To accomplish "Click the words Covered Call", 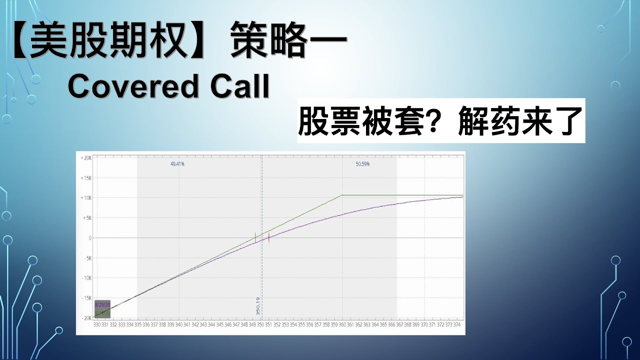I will [168, 87].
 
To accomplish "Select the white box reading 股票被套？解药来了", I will [441, 121].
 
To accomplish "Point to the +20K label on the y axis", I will [85, 158].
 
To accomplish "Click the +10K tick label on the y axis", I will [85, 198].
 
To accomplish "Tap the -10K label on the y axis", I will [85, 278].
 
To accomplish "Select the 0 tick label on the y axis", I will [89, 238].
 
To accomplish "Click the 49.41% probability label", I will [177, 163].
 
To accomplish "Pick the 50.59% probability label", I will [362, 163].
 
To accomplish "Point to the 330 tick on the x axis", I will [97, 324].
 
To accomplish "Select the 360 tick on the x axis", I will [342, 324].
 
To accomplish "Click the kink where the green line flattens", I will [342, 195].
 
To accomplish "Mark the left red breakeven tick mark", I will [255, 237].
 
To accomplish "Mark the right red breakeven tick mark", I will [269, 238].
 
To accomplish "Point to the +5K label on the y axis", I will [85, 218].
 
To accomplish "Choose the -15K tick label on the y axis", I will [85, 298].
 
